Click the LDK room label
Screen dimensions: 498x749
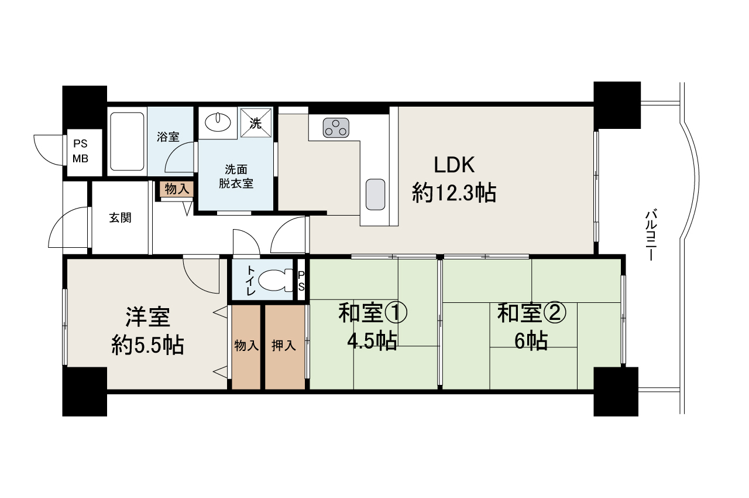[453, 165]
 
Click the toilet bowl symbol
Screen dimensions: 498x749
[276, 279]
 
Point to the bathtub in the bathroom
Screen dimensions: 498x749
[127, 141]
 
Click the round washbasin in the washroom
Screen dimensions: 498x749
[218, 122]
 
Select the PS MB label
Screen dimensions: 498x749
[80, 151]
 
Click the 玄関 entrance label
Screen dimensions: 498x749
[120, 218]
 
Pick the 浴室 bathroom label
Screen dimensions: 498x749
[169, 137]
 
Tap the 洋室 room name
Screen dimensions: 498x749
[147, 318]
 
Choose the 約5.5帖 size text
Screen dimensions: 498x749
[147, 346]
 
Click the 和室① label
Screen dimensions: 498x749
[372, 314]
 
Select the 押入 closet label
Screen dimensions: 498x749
[284, 346]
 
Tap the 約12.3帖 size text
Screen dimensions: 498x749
[454, 192]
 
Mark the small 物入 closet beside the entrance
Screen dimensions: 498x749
[176, 189]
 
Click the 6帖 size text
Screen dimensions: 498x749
[531, 340]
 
